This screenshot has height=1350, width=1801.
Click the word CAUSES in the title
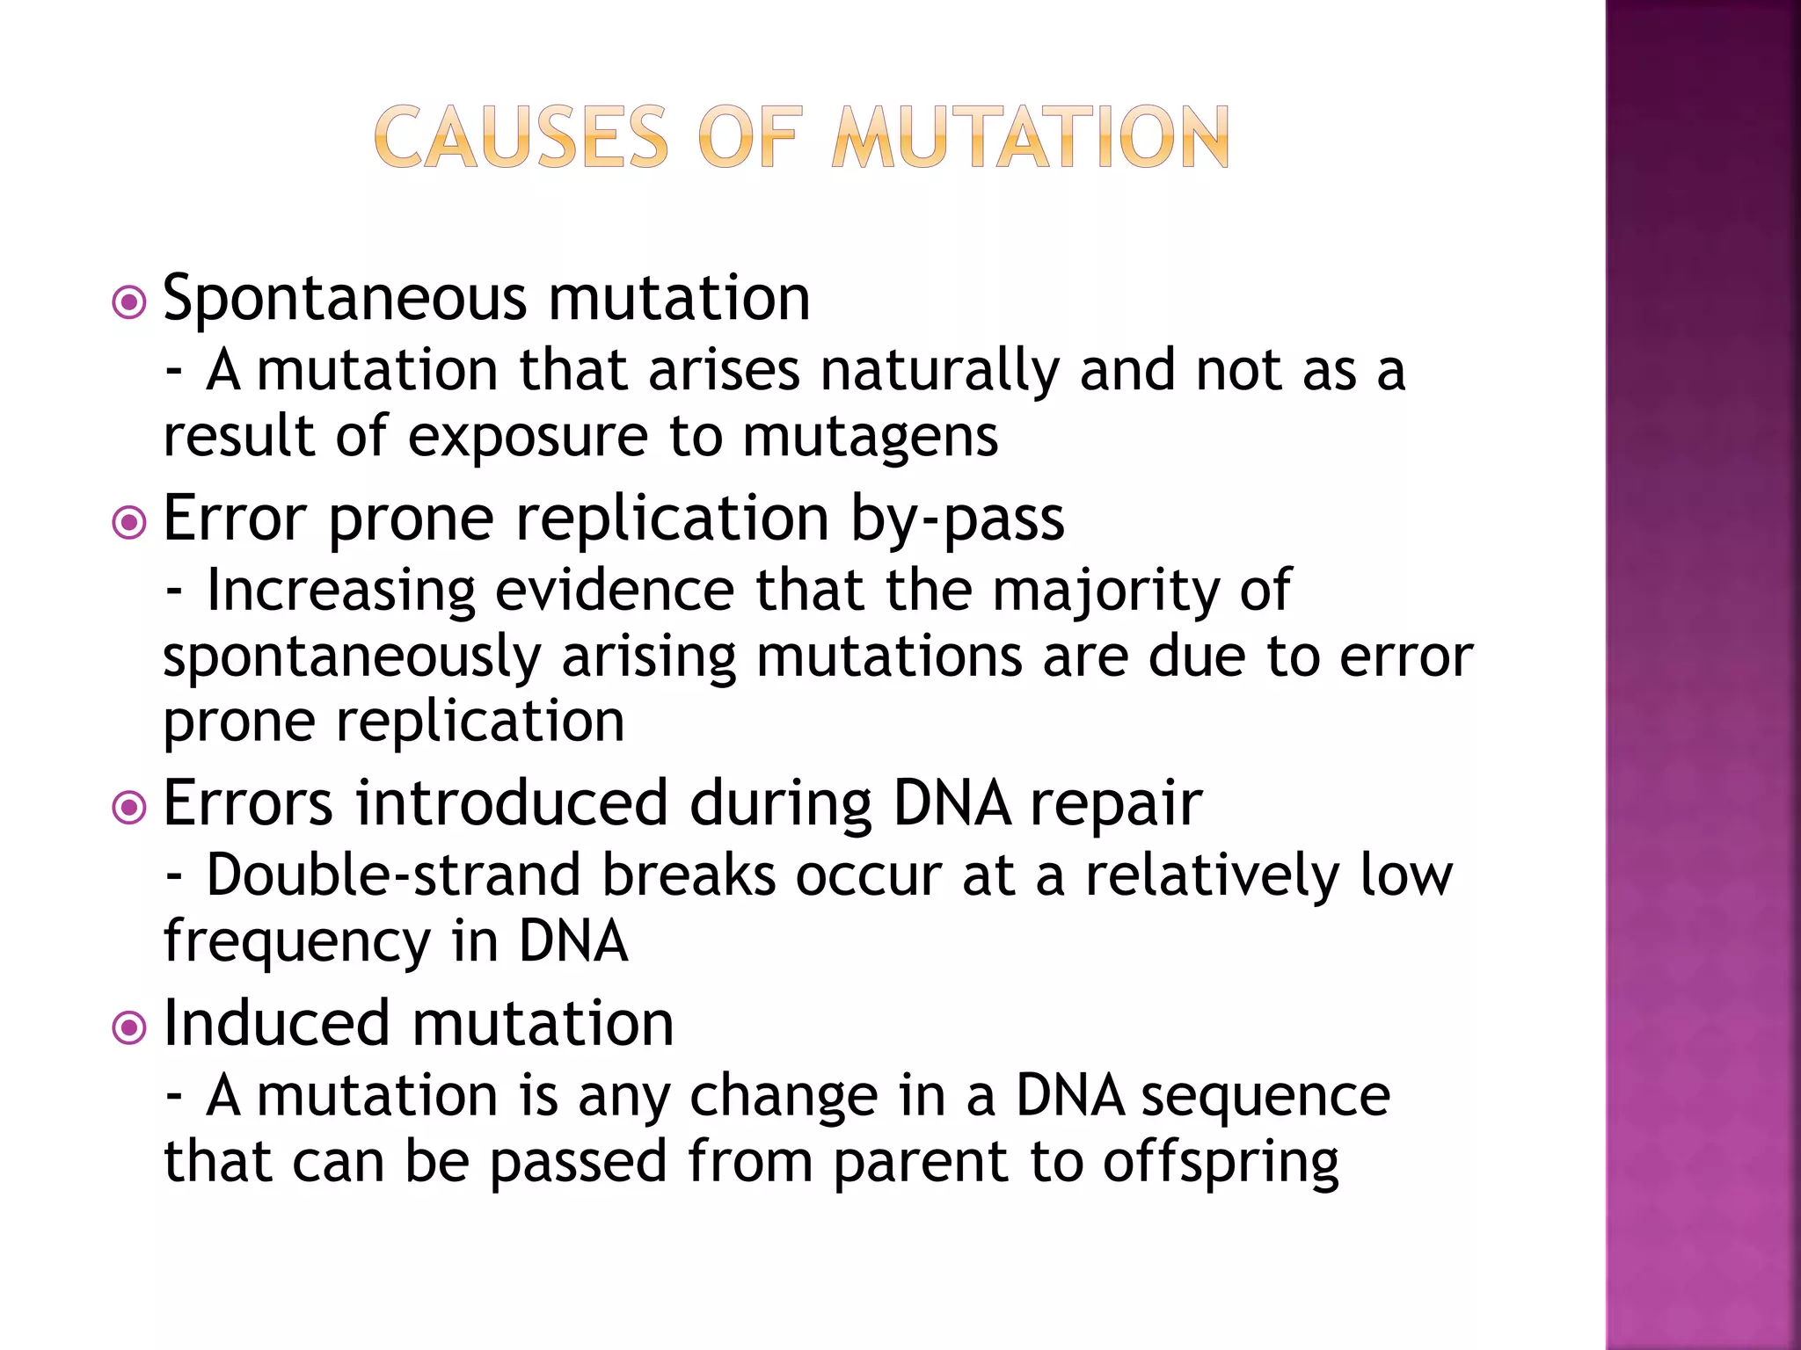pos(521,137)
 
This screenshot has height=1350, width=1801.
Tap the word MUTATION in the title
pos(1030,137)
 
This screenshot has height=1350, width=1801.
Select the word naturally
pos(938,371)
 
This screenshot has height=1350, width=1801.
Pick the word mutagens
pos(870,438)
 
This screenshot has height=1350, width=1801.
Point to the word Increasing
pos(341,592)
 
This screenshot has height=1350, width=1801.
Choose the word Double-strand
pos(393,876)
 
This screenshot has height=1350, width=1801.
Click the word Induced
pos(276,1024)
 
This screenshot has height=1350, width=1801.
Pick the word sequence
pos(1265,1097)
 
